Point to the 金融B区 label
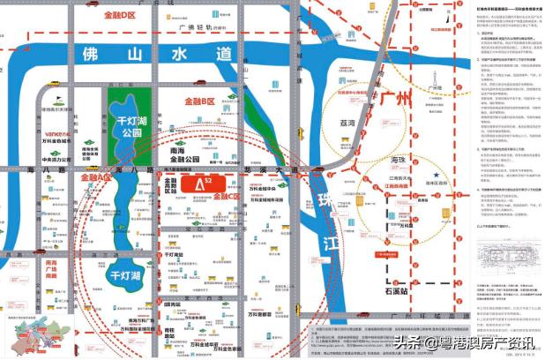pyautogui.click(x=201, y=102)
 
